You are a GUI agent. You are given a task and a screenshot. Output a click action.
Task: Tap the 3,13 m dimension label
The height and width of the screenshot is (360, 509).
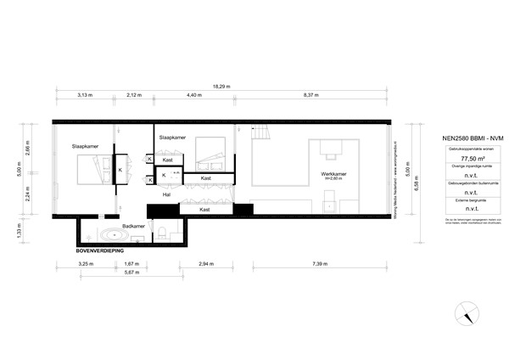click(84, 95)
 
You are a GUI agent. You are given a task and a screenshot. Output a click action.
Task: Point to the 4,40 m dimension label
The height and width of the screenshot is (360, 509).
click(194, 95)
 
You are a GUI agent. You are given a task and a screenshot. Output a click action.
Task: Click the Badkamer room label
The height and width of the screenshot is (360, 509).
click(135, 226)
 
